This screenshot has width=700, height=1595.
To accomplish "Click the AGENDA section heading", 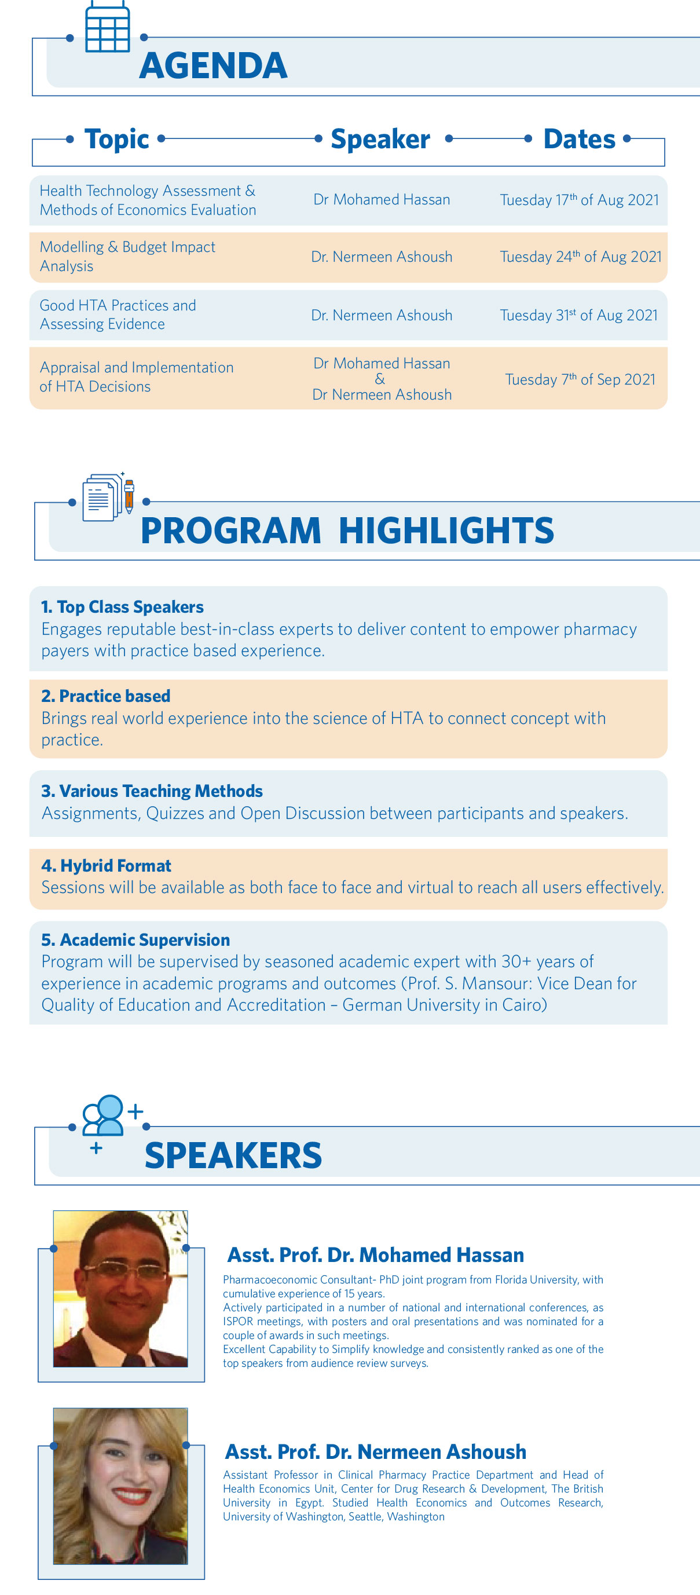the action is pos(214,65).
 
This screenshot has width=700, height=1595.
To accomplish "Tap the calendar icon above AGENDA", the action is pos(107,27).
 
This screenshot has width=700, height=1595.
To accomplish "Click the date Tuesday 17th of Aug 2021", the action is pos(580,200).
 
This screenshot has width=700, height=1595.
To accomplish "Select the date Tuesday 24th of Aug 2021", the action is pos(581,257).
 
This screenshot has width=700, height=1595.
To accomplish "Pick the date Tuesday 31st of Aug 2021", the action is pos(578,315).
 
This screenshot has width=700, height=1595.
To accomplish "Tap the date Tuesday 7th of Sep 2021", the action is pos(580,379).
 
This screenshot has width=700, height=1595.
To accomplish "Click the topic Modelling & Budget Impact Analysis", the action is pos(127,257).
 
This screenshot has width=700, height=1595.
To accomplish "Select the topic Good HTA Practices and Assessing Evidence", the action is pos(118,314).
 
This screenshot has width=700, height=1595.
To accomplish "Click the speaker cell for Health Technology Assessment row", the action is pos(381,199).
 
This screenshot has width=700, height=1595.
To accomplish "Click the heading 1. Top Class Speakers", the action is pos(123,607).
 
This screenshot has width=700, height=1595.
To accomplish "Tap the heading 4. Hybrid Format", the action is pos(107,866).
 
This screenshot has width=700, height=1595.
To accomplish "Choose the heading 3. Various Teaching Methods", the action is pos(152,791).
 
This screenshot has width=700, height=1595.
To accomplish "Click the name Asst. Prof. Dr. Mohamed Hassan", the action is pos(376,1255).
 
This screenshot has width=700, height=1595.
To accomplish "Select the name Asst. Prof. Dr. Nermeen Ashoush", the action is pos(376,1452).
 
